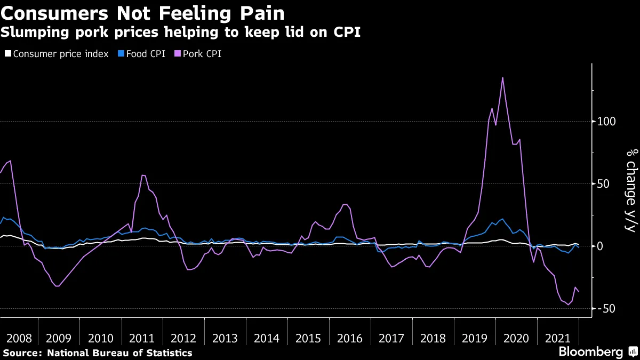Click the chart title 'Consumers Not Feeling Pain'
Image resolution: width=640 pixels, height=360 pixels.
pos(142,13)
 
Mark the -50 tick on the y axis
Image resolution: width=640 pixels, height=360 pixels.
pos(606,309)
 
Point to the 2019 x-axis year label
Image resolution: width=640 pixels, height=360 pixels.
pos(474,338)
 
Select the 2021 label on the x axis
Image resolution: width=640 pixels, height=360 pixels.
pos(557,338)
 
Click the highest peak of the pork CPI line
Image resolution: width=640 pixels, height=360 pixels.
pos(502,78)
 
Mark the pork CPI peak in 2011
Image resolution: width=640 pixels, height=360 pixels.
pos(143,175)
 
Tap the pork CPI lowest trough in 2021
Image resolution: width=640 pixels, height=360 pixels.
pos(568,305)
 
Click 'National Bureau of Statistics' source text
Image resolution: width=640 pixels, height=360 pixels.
pos(119,353)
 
